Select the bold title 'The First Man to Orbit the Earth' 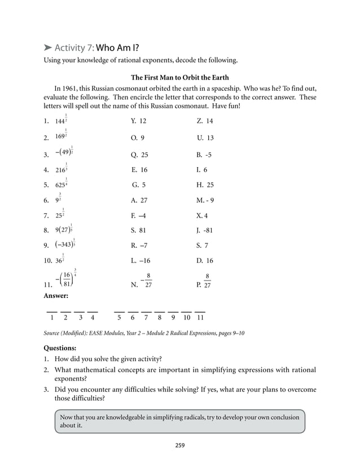coord(180,77)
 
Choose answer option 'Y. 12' coord(138,121)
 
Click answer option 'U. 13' coord(205,138)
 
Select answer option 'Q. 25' coord(139,155)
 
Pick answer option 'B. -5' coord(204,155)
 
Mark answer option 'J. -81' coord(205,230)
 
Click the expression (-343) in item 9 coord(65,244)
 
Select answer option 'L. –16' coord(141,261)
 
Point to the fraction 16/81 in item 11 coord(67,280)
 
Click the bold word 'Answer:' coord(56,295)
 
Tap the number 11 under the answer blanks coord(200,318)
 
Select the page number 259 coord(179,445)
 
